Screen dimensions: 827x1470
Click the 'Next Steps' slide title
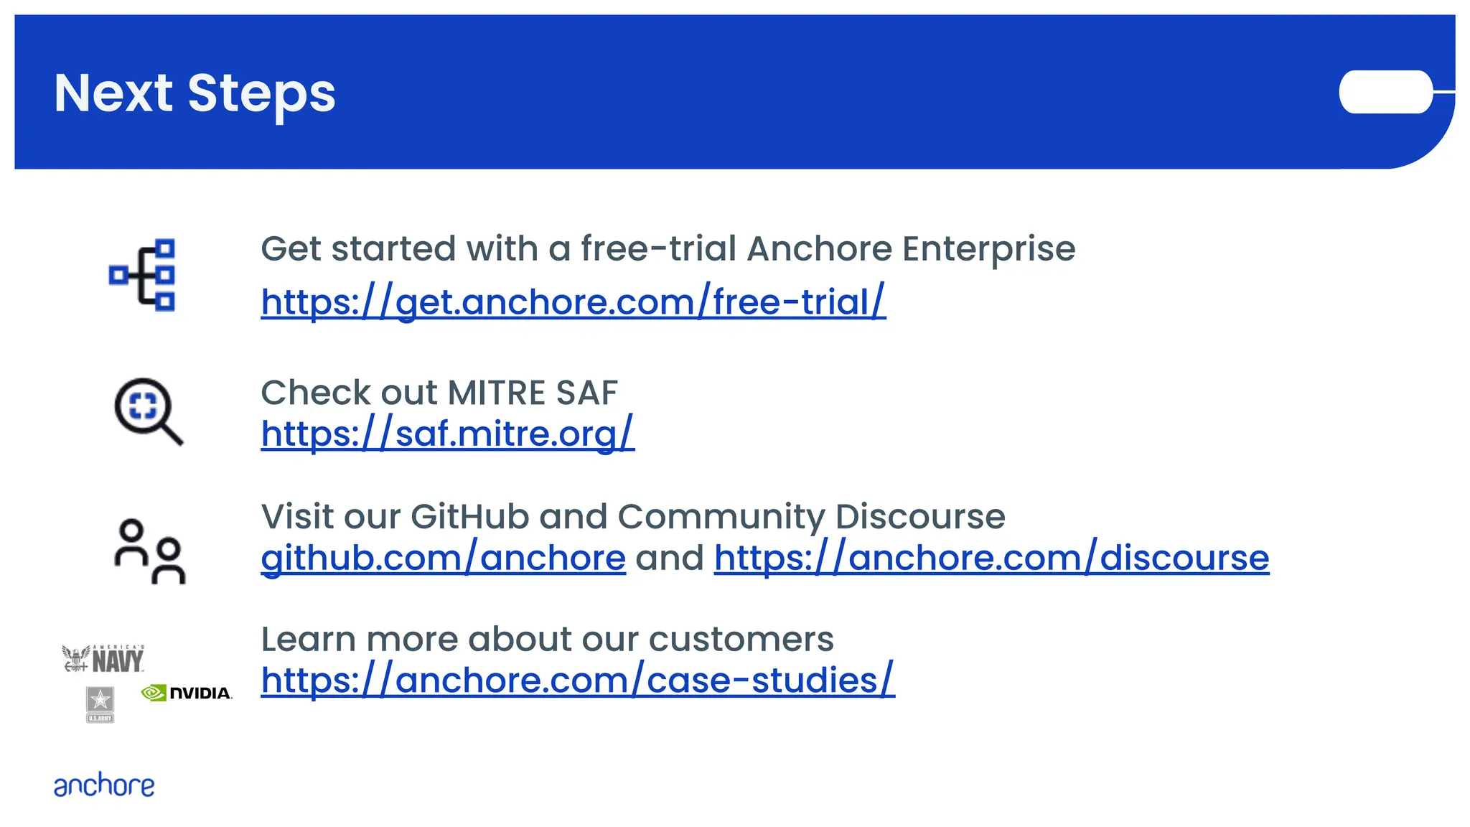click(x=195, y=93)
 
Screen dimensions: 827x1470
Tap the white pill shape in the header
click(x=1385, y=92)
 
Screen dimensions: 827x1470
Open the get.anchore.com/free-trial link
click(x=573, y=302)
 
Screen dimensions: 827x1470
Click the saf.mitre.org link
click(x=447, y=434)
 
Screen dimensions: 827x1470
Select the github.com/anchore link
click(x=443, y=558)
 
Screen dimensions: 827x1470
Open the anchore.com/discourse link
click(x=991, y=558)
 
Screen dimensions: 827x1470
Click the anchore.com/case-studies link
click(x=577, y=680)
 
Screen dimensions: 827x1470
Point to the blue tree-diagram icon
click(x=144, y=275)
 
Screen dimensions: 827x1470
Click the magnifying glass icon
click(x=148, y=411)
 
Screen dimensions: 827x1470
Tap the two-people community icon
click(x=150, y=551)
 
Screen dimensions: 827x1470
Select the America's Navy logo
click(x=104, y=658)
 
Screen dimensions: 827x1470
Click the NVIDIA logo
click(x=187, y=693)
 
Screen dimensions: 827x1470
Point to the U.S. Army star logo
click(x=100, y=704)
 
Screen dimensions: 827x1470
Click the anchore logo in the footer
click(x=104, y=785)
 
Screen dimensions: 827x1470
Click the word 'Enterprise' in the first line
click(x=988, y=249)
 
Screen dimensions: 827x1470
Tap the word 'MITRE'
click(x=496, y=393)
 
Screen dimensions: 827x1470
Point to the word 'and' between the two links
click(x=670, y=558)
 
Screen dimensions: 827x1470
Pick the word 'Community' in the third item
click(x=721, y=517)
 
